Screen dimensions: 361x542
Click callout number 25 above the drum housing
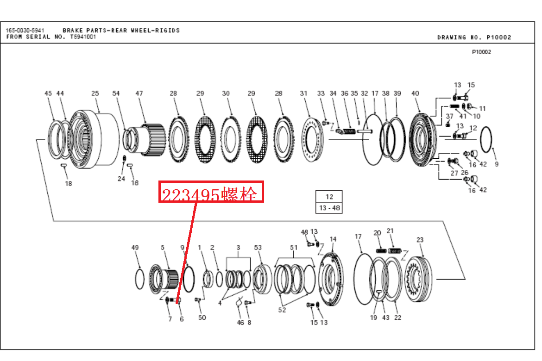tap(95, 93)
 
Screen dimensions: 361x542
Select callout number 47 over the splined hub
tap(139, 93)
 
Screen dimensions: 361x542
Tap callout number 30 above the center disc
tap(226, 93)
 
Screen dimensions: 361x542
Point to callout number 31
tap(303, 93)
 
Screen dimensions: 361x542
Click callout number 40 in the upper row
tap(415, 93)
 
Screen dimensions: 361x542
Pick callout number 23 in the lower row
tap(420, 240)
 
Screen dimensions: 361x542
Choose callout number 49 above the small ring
tap(135, 248)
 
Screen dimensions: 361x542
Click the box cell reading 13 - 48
tap(329, 208)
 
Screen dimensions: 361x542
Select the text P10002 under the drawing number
tap(481, 52)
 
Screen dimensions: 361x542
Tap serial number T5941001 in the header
tap(83, 37)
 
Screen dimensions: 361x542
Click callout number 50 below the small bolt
tap(202, 317)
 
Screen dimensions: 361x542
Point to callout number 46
tap(240, 322)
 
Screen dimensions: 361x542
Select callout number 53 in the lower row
tap(258, 248)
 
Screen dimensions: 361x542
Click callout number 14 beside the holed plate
tap(333, 239)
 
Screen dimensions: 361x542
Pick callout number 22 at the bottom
tap(397, 317)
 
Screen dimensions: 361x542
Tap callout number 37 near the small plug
tap(449, 116)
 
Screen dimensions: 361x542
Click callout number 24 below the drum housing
tap(121, 179)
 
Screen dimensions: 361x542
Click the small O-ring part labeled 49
tap(139, 279)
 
